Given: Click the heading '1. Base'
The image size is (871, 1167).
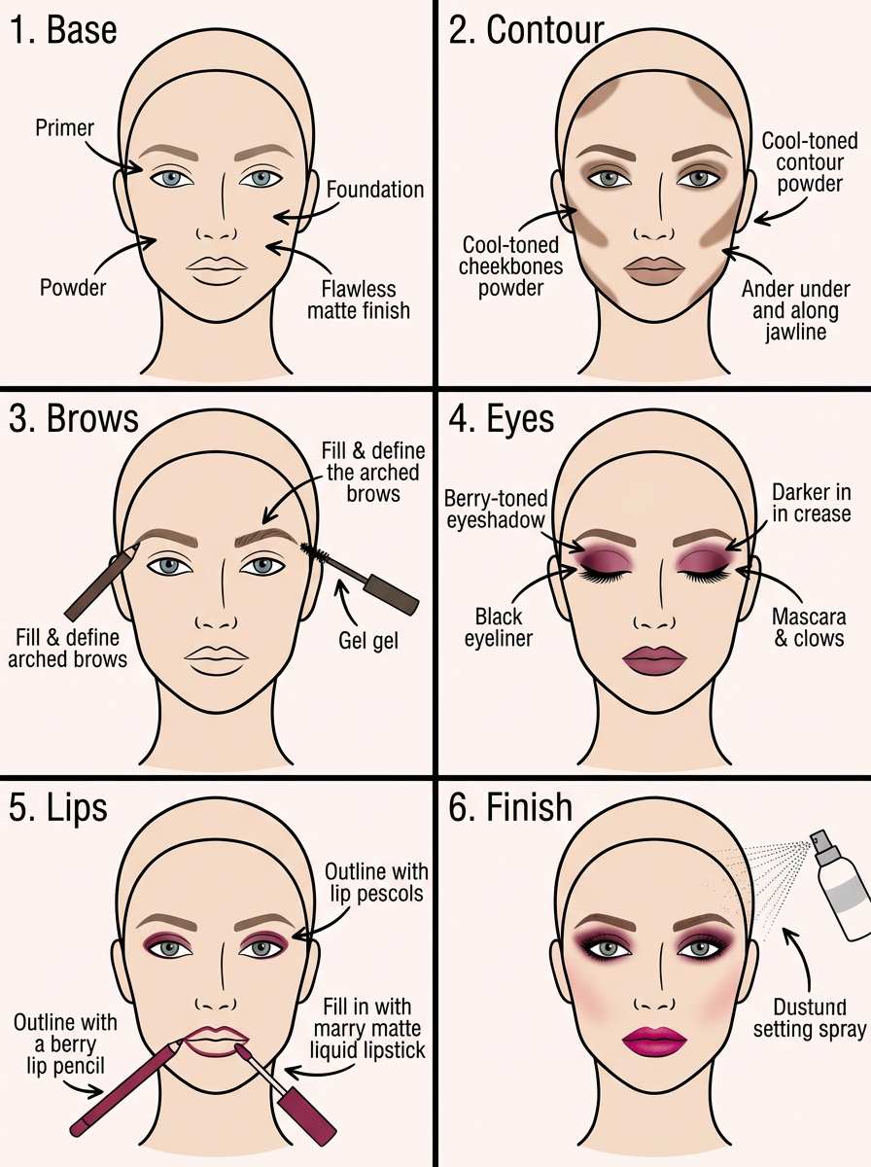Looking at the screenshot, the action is point(63,30).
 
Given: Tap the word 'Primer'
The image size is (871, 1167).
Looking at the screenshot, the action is point(64,127).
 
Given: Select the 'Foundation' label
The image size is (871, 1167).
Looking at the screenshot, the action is point(374,190).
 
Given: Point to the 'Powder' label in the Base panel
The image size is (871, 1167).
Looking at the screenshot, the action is point(73,288).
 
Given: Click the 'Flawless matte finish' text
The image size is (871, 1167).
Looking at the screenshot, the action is point(359,300).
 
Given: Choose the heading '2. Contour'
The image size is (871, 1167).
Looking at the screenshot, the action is point(527,30).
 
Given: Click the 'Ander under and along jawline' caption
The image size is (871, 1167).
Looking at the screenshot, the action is point(795,310).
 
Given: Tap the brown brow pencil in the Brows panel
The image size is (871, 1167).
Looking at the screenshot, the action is point(101,582).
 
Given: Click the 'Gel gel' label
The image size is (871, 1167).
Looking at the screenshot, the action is point(368,641).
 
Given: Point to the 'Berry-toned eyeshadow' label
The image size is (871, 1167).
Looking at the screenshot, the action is point(496,510).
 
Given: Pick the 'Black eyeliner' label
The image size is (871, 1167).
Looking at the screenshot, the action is point(498,628).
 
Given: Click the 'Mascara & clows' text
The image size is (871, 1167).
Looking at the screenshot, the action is point(809,627).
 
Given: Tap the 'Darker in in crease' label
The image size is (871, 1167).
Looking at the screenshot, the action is point(811,503).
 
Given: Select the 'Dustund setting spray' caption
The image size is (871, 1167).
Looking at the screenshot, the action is point(810,1018).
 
